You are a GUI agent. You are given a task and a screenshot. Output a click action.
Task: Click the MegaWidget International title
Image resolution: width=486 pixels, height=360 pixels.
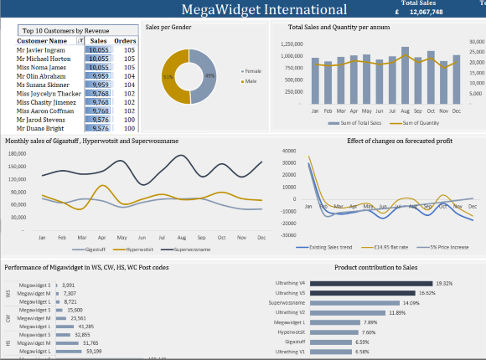coord(264,10)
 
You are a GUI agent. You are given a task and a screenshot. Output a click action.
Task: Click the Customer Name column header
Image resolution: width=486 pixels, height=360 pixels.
coord(42,40)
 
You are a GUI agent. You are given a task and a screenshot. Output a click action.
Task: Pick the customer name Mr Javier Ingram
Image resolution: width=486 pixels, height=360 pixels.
coord(41,50)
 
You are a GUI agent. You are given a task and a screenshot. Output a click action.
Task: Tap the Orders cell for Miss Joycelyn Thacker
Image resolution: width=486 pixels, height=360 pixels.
coord(128,94)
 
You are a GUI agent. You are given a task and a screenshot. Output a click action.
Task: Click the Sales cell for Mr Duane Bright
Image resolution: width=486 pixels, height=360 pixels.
coord(101,129)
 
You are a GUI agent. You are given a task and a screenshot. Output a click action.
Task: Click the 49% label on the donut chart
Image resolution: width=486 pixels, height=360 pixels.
coord(209,76)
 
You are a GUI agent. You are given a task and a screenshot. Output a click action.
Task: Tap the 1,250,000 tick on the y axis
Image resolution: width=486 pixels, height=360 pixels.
coord(292,44)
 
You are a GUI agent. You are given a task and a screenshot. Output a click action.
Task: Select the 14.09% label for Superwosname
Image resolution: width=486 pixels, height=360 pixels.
coord(411,303)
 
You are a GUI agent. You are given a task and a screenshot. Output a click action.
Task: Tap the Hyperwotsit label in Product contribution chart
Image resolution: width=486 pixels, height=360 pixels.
coord(292,332)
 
